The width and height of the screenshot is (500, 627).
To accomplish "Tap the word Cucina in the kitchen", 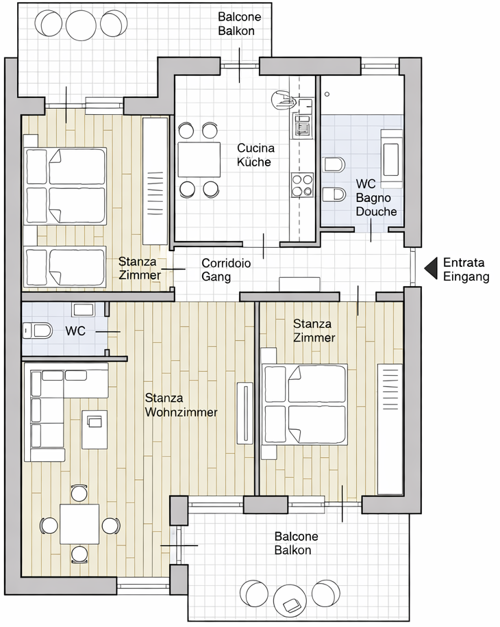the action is pos(255,148).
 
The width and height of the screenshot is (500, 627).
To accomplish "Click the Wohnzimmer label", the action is pos(182,412).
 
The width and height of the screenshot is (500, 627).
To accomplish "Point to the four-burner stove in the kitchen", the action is pos(302,185).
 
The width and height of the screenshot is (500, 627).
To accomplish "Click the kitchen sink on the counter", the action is pos(302,124).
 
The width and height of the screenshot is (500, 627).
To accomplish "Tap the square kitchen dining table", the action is pos(199,159).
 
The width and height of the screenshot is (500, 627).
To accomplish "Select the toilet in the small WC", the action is pos(37,331).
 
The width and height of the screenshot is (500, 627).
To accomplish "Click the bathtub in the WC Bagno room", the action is pos(391,159).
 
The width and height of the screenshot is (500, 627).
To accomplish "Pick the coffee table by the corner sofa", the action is pos(95,429).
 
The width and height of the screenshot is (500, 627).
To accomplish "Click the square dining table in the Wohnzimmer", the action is pos(79,524).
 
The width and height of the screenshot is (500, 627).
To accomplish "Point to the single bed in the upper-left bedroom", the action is pos(65,267).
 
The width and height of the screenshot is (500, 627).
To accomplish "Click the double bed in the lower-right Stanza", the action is pos(304,405).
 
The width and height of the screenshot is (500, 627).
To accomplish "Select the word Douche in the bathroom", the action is pos(377,211).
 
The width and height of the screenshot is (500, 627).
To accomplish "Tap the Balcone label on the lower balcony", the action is pos(297,536).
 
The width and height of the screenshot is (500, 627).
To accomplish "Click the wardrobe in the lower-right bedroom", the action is pos(390,429).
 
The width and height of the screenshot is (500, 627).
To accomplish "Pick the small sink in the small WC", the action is pos(83,309).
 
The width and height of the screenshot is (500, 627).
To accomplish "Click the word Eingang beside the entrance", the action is pos(466,277).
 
